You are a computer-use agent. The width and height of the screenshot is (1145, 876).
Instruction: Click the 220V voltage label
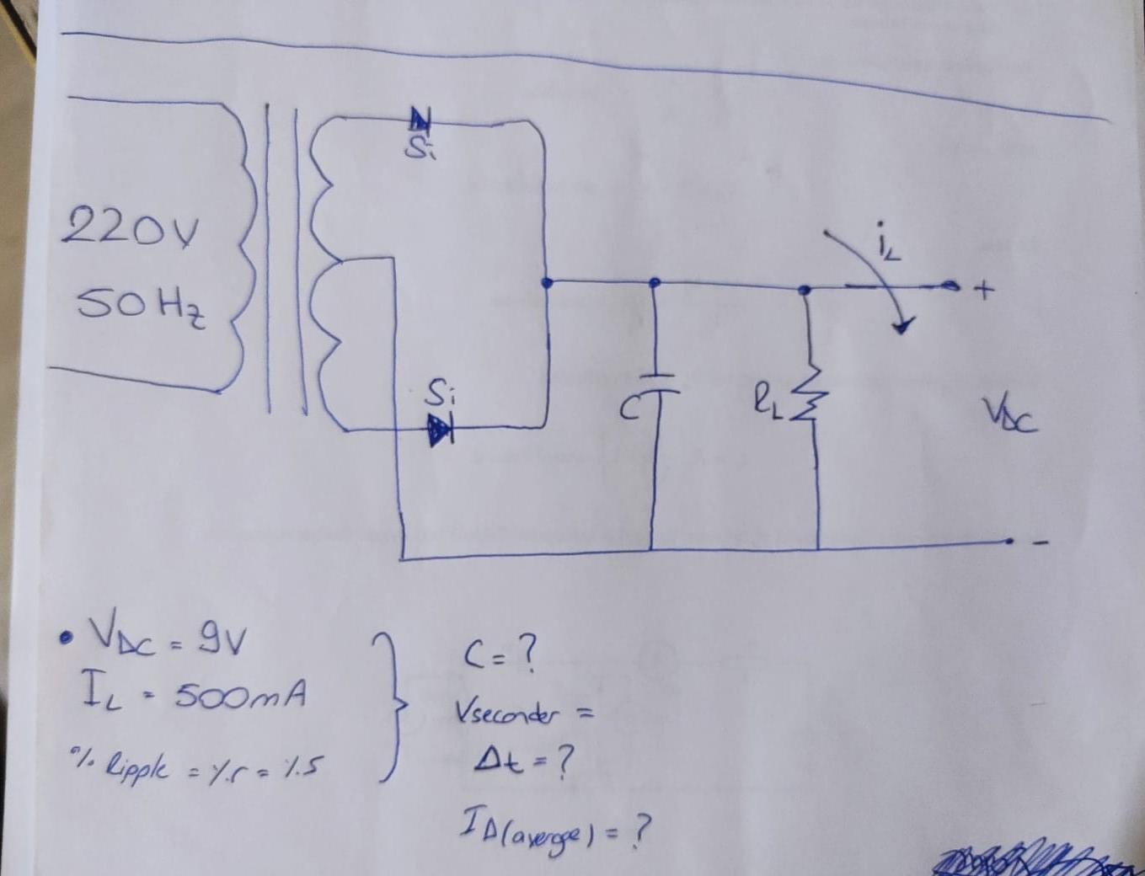[x=131, y=227]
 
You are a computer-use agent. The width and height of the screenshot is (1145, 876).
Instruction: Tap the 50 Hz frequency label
[x=142, y=306]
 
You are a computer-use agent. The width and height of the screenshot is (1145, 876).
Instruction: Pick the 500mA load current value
[x=240, y=696]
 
